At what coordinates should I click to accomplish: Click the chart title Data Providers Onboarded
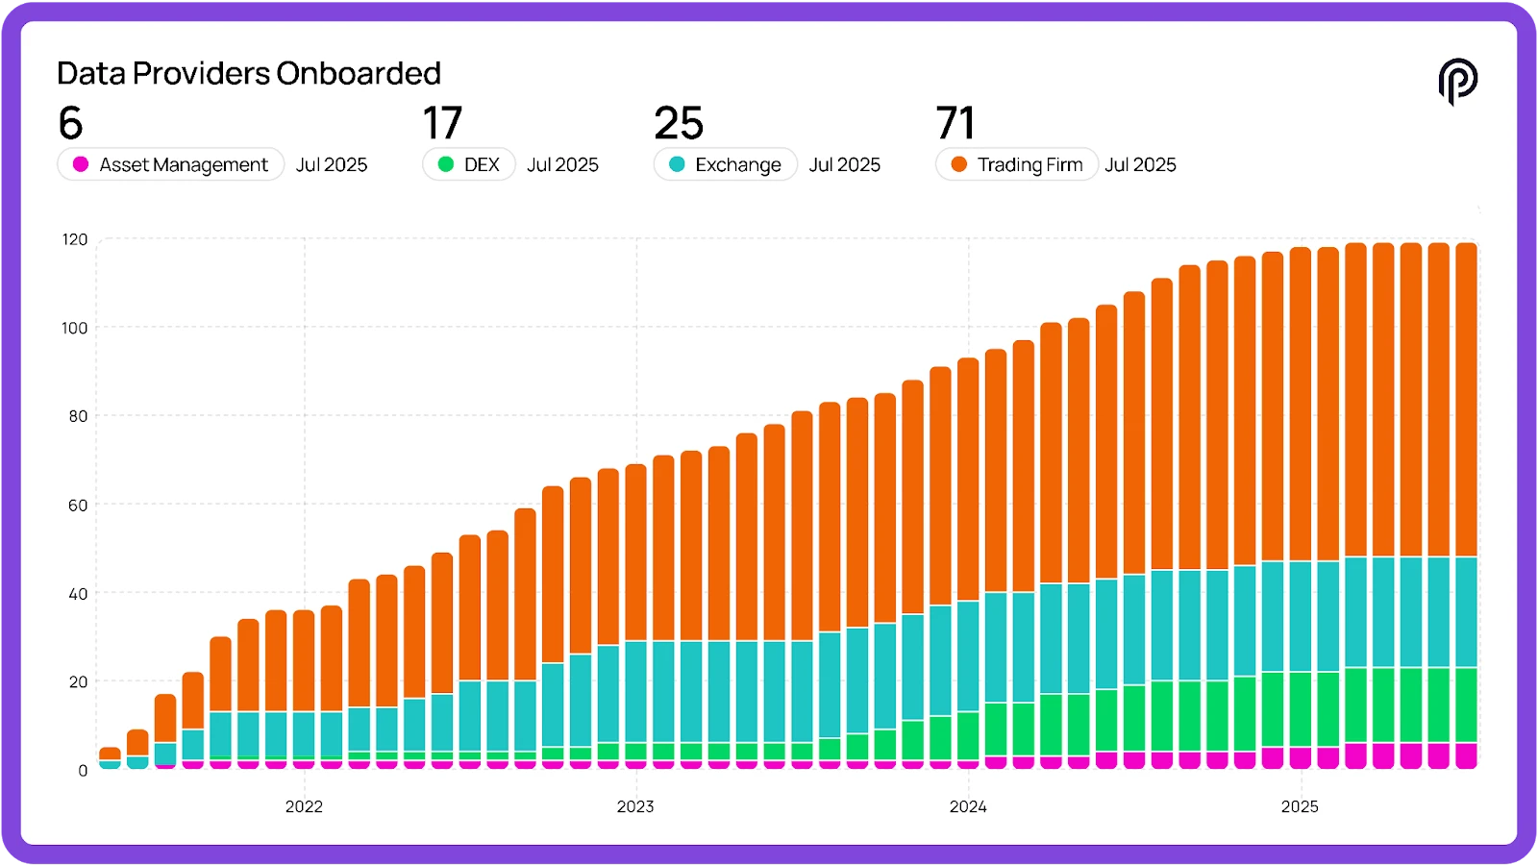point(249,73)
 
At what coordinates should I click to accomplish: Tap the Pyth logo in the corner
point(1457,81)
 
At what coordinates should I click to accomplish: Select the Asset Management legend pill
point(171,164)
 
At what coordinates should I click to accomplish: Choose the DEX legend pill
point(469,164)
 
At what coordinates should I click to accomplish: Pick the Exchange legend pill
point(726,164)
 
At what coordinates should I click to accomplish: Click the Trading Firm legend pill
point(1017,164)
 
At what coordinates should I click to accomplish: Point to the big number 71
point(955,123)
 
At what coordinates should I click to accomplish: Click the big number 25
point(679,123)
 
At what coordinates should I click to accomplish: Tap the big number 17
point(442,123)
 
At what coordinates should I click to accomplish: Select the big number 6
point(70,123)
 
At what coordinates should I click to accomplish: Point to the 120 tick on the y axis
point(75,239)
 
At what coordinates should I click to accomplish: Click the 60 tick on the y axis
point(78,505)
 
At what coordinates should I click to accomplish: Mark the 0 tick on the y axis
point(83,770)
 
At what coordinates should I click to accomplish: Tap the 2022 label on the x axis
point(304,806)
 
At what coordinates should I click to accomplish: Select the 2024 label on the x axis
point(968,806)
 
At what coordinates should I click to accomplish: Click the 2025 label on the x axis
point(1300,806)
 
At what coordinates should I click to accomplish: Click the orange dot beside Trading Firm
point(958,164)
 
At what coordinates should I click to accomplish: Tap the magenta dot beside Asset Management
point(81,164)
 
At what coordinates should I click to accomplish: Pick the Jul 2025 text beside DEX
point(562,164)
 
